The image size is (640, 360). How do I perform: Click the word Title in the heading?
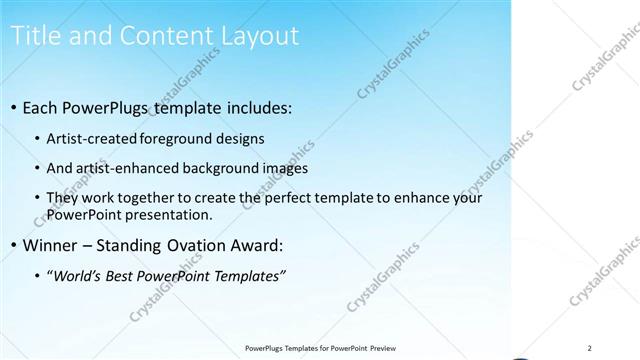click(x=32, y=36)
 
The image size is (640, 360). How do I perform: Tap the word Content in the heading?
click(x=161, y=36)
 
